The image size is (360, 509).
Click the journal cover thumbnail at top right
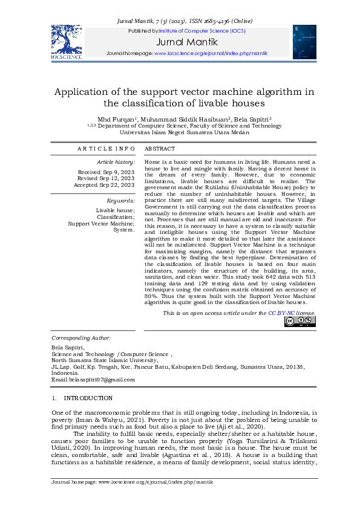pos(304,42)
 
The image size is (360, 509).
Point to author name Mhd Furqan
pos(116,119)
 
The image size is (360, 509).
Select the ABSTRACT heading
pos(160,149)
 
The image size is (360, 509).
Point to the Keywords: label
pos(120,200)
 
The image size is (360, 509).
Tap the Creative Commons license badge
pos(299,322)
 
